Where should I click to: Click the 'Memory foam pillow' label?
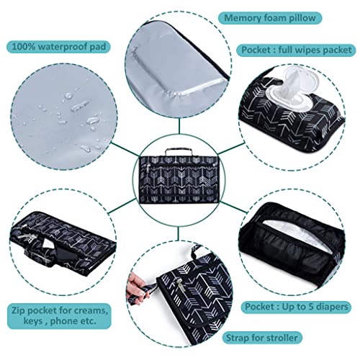click(x=270, y=18)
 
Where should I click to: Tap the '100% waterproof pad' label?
click(x=59, y=47)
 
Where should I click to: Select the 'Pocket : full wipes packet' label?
click(x=296, y=50)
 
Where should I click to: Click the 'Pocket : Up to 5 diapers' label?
click(x=296, y=307)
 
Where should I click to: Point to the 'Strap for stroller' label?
click(x=262, y=338)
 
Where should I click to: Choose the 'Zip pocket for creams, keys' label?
click(x=59, y=316)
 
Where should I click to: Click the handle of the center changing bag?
click(x=179, y=152)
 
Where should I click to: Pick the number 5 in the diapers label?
click(x=312, y=307)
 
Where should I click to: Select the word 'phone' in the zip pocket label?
click(x=64, y=322)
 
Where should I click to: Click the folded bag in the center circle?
click(x=179, y=179)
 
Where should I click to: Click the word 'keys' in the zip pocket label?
click(x=32, y=321)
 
